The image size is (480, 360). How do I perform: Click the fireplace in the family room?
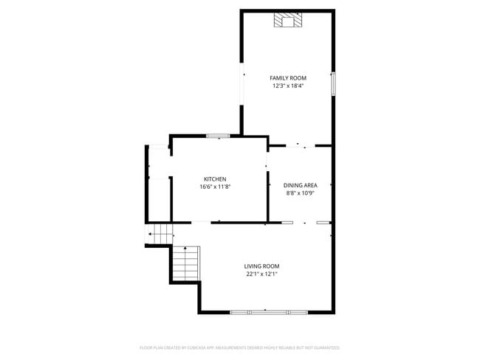click(x=287, y=20)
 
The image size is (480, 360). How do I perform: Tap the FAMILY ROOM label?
click(x=287, y=77)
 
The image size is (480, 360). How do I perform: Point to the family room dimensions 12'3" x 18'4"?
click(x=287, y=86)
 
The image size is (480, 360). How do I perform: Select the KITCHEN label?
click(x=215, y=179)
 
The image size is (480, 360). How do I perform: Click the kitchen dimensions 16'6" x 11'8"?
click(x=215, y=187)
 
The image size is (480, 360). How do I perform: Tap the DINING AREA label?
click(x=300, y=185)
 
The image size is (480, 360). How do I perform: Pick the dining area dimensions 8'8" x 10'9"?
click(x=300, y=193)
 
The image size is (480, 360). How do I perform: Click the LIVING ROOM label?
click(x=262, y=266)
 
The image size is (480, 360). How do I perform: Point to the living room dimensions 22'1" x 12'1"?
click(x=262, y=274)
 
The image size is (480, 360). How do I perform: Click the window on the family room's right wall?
click(x=332, y=83)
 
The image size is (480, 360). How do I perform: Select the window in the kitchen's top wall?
click(x=218, y=136)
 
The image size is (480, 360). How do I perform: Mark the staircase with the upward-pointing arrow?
click(x=188, y=263)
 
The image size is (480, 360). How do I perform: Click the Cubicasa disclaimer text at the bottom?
click(x=240, y=347)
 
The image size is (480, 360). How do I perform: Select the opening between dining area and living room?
click(x=304, y=222)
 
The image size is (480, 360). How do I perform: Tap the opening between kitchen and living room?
click(x=201, y=222)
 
